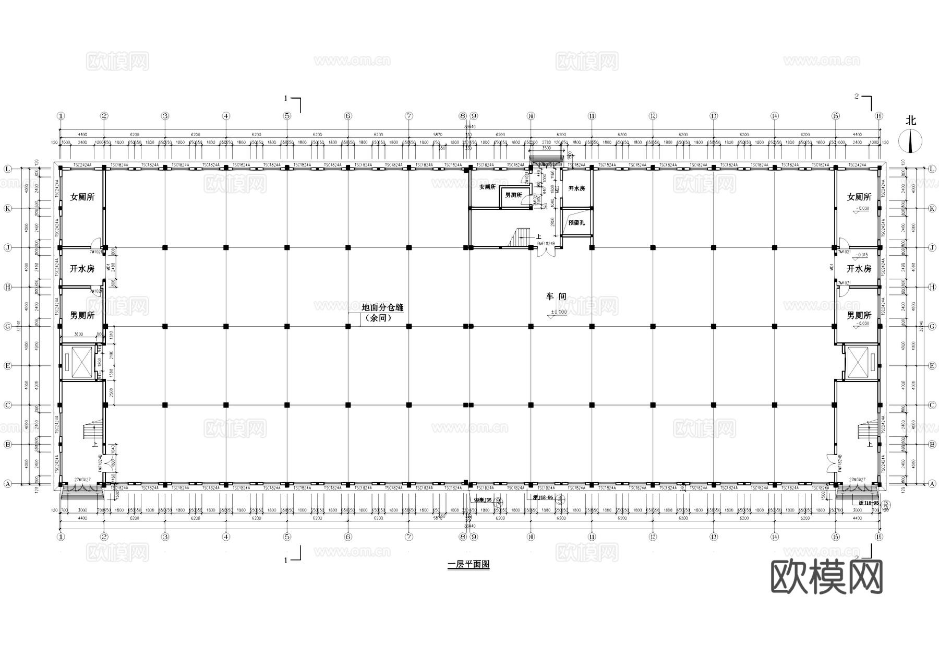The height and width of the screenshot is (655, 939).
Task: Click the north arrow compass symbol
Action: click(911, 141)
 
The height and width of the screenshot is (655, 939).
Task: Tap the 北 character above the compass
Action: click(911, 121)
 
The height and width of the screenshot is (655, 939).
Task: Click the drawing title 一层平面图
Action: click(468, 565)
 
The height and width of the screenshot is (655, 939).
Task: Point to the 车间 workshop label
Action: click(556, 296)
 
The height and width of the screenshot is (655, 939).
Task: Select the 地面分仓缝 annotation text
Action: click(382, 308)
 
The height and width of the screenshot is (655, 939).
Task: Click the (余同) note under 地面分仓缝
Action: click(378, 317)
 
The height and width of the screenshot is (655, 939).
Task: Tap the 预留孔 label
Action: click(576, 223)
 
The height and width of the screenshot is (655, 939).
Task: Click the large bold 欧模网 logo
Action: click(827, 577)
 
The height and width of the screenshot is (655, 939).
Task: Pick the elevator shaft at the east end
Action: click(858, 362)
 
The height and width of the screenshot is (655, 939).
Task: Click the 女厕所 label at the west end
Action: click(82, 197)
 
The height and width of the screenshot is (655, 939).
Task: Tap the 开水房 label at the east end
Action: click(859, 269)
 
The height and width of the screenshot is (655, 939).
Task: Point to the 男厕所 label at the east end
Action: click(859, 315)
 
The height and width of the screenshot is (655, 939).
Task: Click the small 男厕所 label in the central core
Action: click(513, 195)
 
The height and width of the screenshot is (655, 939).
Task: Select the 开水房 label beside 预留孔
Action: click(576, 188)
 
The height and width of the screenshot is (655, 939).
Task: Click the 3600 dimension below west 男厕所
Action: click(78, 334)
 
